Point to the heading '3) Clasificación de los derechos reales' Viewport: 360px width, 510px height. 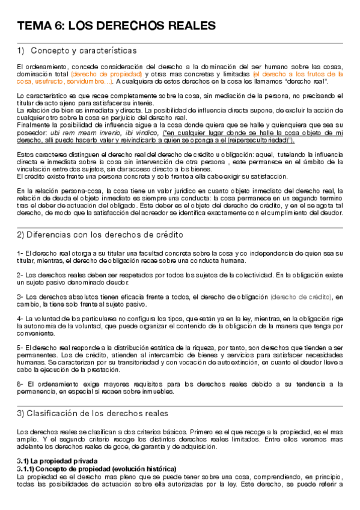93,413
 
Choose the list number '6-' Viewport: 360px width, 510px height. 20,367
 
